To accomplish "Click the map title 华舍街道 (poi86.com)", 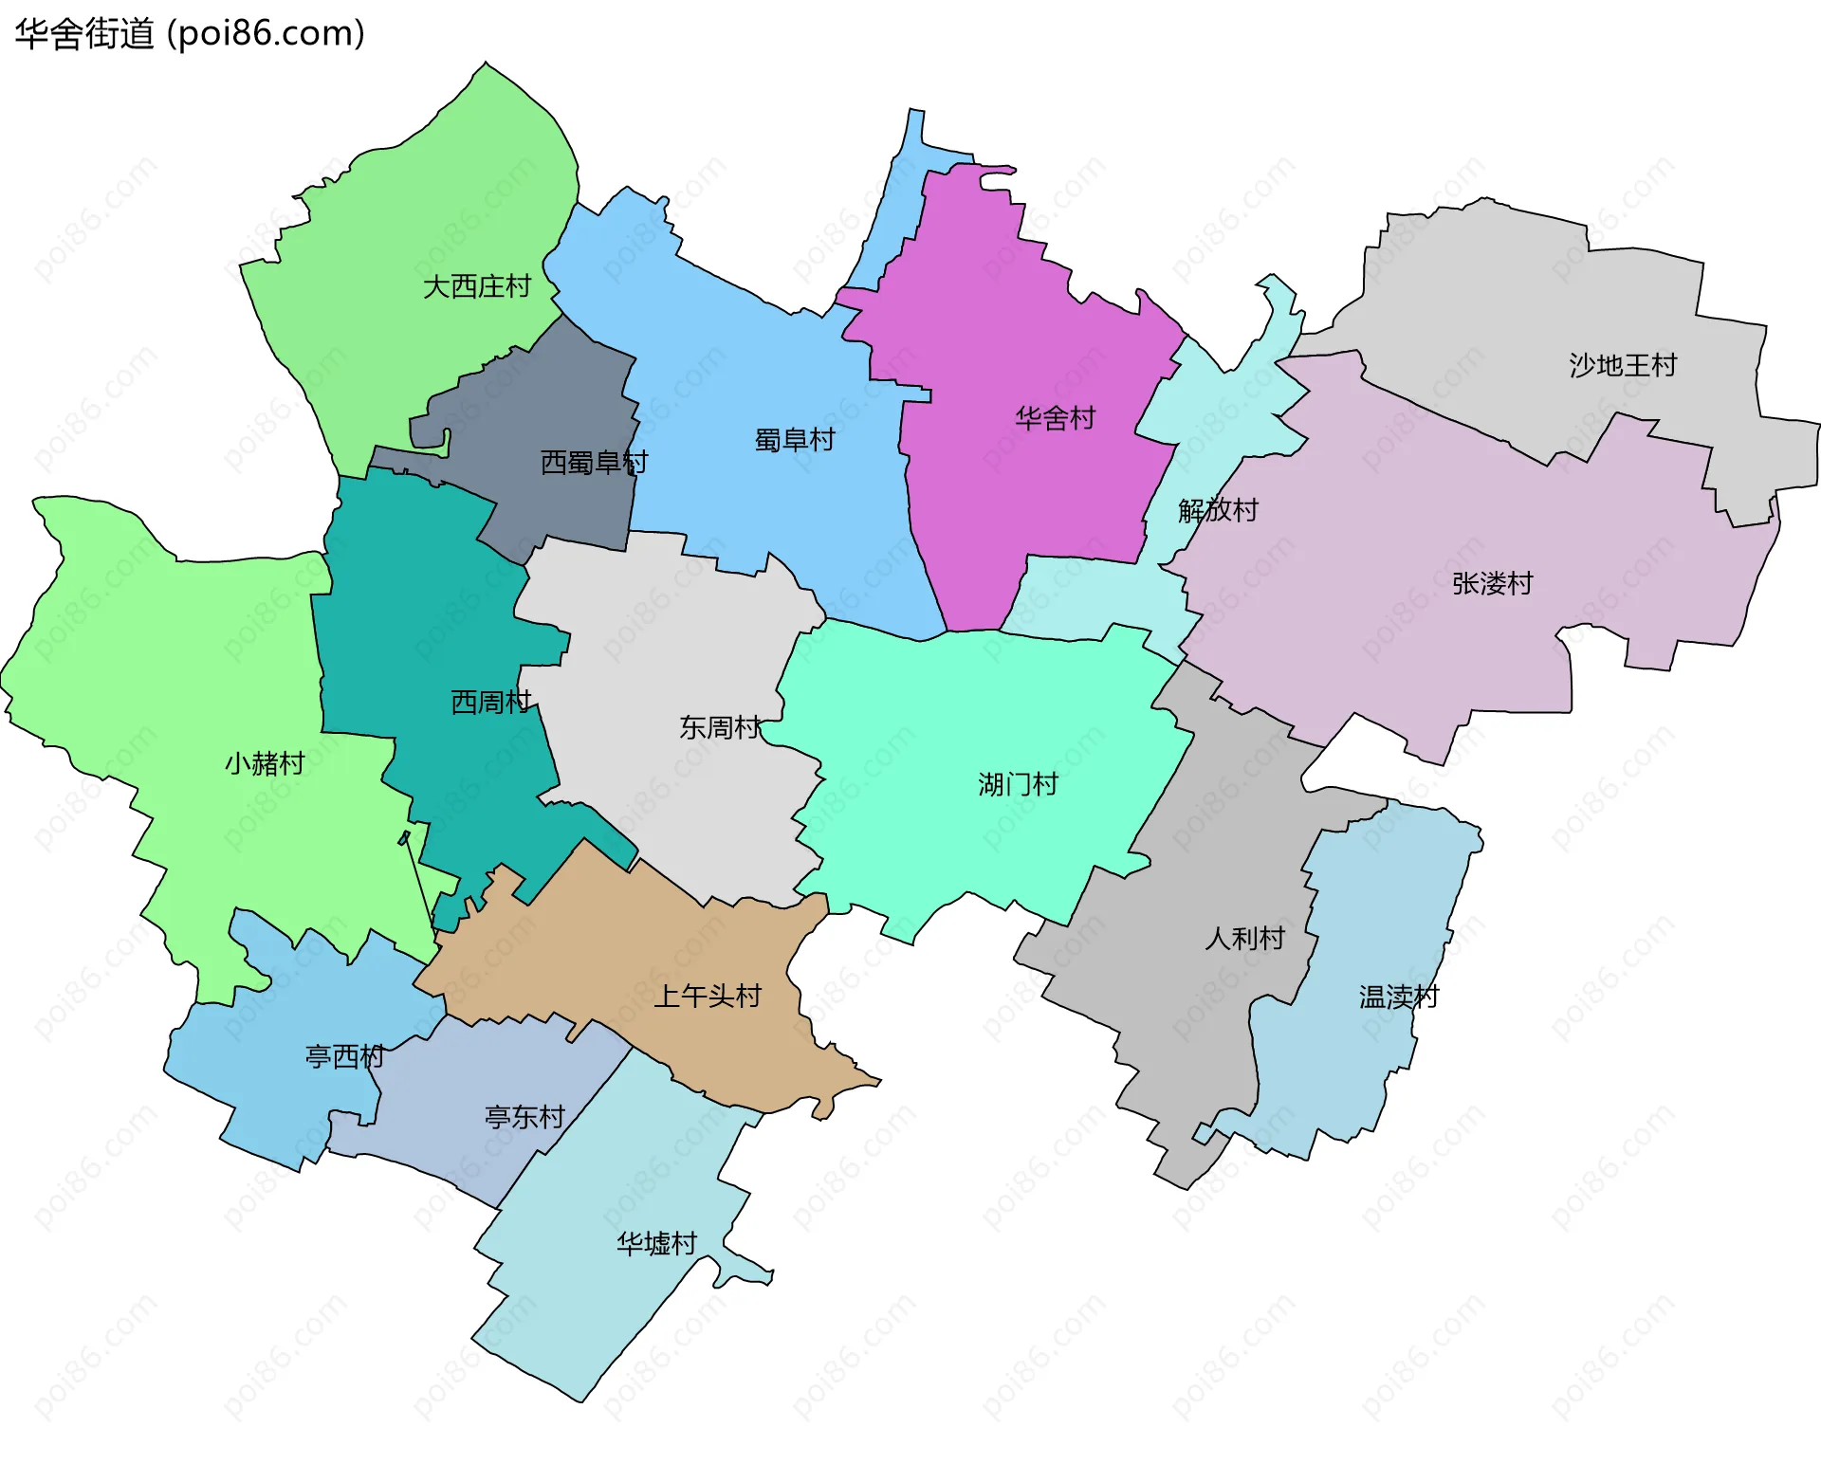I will coord(190,34).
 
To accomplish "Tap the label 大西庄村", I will coord(476,286).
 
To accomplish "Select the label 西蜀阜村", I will coord(594,463).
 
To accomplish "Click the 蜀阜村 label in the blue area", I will coord(795,440).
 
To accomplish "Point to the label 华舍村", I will coord(1055,418).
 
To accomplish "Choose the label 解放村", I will coord(1218,511).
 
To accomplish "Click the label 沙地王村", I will coord(1622,365).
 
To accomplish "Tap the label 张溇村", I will coord(1492,584).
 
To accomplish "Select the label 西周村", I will coord(490,703).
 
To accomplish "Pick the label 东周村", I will coord(719,728).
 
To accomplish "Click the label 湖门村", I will coord(1018,785).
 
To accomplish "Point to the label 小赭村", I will coord(265,764).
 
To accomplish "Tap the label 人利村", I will coord(1244,939).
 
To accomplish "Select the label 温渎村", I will coord(1398,997).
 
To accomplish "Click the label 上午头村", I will coord(708,997).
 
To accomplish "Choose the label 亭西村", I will coord(344,1057).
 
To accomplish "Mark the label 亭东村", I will coord(524,1118).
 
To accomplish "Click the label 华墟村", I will coord(656,1244).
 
